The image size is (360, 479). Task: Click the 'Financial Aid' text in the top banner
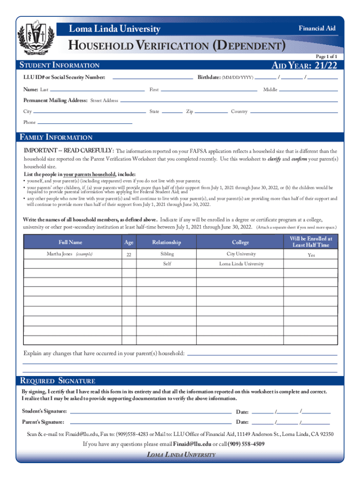click(x=317, y=29)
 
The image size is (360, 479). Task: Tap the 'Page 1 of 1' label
click(x=326, y=56)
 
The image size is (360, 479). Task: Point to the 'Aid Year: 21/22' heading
click(x=304, y=65)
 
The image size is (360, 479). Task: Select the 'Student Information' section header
click(x=58, y=65)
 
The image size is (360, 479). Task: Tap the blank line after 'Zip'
click(x=212, y=113)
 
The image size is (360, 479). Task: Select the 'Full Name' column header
click(x=71, y=242)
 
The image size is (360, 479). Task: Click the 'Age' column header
click(x=129, y=242)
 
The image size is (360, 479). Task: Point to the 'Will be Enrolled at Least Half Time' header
click(x=311, y=242)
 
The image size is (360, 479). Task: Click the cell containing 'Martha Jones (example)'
click(x=70, y=254)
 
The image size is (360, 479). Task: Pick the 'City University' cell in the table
click(x=241, y=254)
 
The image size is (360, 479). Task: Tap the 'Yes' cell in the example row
click(x=311, y=255)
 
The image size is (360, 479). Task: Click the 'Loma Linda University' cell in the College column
click(x=241, y=264)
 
